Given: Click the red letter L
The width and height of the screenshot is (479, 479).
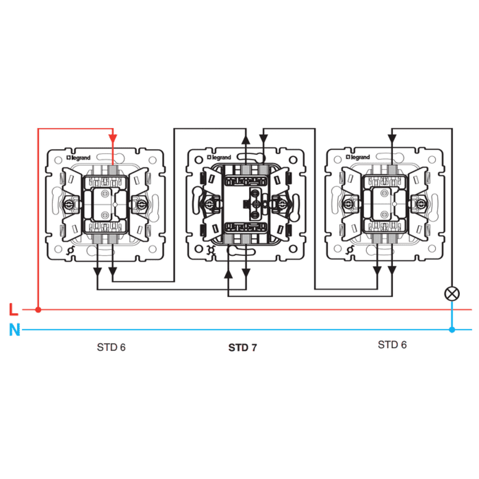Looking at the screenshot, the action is pos(14,309).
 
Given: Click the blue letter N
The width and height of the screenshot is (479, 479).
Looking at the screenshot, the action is pos(15,330).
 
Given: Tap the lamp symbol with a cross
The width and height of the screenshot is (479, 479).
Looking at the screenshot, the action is pos(451,294).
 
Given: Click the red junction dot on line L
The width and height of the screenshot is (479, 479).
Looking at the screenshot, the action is pos(38,310).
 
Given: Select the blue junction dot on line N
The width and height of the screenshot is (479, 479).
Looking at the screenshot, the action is pos(451,330).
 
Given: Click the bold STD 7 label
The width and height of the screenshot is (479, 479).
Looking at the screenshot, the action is pos(242,348).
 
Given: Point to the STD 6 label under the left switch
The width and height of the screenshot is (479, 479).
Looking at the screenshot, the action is pos(111,347).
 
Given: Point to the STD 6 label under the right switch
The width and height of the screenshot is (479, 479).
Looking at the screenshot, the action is pos(392,345).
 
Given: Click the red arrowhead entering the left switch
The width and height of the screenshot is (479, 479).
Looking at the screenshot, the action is pos(113,139).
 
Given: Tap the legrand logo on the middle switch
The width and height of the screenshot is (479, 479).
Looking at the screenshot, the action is pos(219,157).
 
